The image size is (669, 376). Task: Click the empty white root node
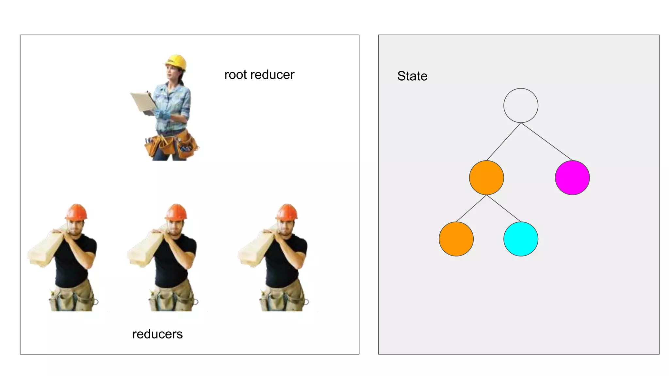tap(521, 105)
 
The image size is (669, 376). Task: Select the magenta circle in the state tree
tap(572, 178)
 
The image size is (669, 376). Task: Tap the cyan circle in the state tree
tap(521, 239)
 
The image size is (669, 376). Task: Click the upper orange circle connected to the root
tap(486, 178)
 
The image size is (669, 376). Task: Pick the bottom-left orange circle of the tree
tap(456, 239)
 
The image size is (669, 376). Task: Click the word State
tap(412, 76)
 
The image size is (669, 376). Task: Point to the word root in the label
tap(236, 75)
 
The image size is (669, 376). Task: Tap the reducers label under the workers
tap(157, 334)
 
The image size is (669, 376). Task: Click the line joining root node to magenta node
tap(547, 142)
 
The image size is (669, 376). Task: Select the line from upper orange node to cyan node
tap(503, 208)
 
